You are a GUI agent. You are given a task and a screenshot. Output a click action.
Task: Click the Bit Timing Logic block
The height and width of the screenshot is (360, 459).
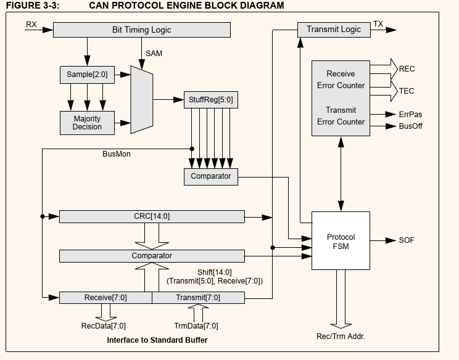[141, 30]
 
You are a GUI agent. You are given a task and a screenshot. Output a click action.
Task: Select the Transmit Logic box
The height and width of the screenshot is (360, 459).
[334, 29]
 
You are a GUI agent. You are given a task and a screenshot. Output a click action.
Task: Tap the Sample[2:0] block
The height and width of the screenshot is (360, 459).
[86, 75]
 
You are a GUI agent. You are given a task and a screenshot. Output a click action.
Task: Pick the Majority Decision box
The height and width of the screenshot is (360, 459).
[87, 123]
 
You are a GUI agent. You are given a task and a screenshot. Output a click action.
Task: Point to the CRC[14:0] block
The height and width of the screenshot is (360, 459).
[152, 216]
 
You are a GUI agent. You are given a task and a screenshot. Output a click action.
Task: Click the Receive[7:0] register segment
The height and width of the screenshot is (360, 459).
[105, 298]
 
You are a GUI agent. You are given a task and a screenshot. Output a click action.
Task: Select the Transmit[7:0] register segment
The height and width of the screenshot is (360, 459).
[198, 298]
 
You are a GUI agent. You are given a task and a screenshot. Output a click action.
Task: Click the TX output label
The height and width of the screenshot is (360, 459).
[378, 25]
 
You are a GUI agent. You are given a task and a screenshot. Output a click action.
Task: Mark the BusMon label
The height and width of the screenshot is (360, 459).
[116, 154]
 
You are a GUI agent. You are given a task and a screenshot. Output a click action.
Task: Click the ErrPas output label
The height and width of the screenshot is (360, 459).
[411, 115]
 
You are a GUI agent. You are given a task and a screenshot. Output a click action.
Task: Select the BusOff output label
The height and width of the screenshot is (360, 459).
[411, 126]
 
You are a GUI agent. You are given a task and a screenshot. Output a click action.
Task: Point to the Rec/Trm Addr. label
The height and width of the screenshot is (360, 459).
[341, 336]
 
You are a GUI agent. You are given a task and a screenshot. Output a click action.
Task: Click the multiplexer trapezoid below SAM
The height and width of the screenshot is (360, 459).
[141, 99]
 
